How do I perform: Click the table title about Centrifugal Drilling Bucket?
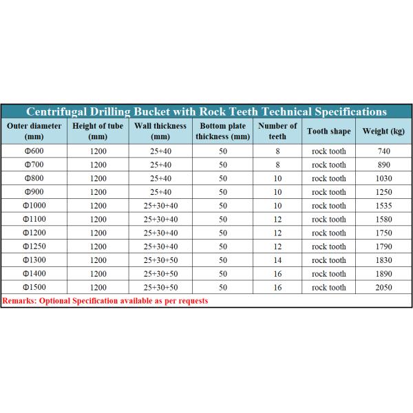[x=206, y=112]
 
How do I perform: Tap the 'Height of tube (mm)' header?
[x=98, y=131]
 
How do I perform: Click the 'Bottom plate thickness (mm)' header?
[x=222, y=131]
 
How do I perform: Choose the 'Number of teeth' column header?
[x=277, y=131]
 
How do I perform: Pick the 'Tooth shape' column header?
[x=328, y=131]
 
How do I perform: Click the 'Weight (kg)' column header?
[x=383, y=131]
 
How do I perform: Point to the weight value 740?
[x=384, y=151]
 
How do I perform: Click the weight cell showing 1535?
[x=384, y=206]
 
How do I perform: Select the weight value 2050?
[x=384, y=287]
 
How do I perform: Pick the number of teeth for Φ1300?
[x=277, y=260]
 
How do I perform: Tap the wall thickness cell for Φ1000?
[x=160, y=206]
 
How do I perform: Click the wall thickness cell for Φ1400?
[x=160, y=274]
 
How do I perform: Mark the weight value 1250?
[x=384, y=192]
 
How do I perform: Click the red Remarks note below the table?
[x=105, y=301]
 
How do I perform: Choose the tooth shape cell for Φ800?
[x=328, y=178]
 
